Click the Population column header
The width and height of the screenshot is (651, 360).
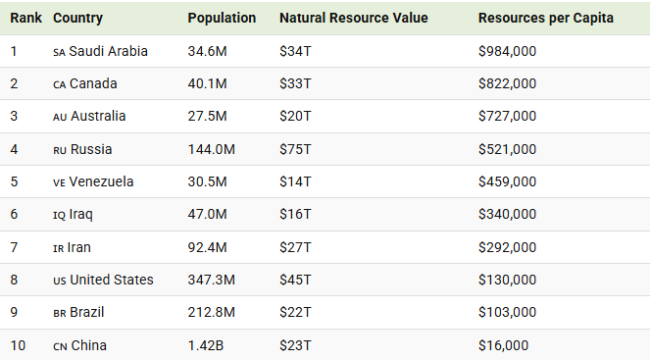tap(222, 19)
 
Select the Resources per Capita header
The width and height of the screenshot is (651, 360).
tap(546, 19)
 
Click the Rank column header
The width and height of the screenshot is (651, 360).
tap(25, 19)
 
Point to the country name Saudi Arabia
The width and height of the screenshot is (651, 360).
tap(108, 51)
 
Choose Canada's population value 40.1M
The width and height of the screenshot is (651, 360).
tap(207, 83)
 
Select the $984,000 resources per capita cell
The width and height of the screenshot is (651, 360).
tap(507, 51)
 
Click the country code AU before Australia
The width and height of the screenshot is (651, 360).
tap(60, 117)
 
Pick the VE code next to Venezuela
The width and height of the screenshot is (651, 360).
tap(59, 182)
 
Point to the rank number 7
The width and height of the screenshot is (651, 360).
tap(14, 247)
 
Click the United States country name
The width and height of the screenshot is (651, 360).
tap(111, 280)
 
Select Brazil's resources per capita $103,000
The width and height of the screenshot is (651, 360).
tap(507, 312)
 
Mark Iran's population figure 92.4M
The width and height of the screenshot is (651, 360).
tap(207, 247)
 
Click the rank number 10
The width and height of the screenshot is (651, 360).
tap(17, 345)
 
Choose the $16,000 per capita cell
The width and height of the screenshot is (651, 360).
tap(503, 345)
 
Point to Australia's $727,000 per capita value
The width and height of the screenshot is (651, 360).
tap(507, 117)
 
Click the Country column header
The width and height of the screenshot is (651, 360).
tap(77, 19)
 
